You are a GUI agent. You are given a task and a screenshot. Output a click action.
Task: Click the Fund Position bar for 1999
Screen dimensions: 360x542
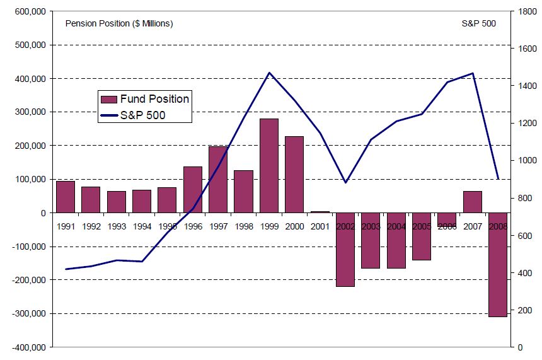[269, 165]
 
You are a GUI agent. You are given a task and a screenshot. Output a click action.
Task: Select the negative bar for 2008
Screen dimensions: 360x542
[498, 265]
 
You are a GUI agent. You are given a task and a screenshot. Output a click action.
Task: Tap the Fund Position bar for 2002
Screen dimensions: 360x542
[345, 250]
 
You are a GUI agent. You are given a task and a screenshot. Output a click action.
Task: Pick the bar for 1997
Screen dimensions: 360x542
[218, 179]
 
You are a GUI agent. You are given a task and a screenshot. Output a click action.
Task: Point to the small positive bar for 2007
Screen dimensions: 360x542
[472, 202]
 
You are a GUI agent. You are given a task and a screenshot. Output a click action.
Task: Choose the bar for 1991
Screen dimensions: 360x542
[66, 197]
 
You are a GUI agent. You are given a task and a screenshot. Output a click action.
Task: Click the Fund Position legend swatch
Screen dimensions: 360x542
[109, 99]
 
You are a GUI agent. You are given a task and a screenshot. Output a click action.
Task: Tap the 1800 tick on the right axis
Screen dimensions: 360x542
[524, 12]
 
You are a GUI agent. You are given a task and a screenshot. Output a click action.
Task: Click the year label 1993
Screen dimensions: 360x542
[117, 226]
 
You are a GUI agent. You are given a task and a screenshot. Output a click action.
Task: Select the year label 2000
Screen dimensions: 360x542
[294, 226]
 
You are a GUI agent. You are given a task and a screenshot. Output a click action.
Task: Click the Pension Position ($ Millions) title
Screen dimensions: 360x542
[119, 24]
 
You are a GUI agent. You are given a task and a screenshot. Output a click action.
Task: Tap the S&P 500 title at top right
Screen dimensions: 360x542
[479, 24]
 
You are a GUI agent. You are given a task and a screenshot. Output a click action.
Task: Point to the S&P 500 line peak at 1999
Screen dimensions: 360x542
[269, 73]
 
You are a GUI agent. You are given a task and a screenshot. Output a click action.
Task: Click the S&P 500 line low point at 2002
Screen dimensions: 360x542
[345, 183]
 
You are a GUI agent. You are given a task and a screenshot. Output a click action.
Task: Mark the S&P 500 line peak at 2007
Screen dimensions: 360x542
[472, 73]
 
